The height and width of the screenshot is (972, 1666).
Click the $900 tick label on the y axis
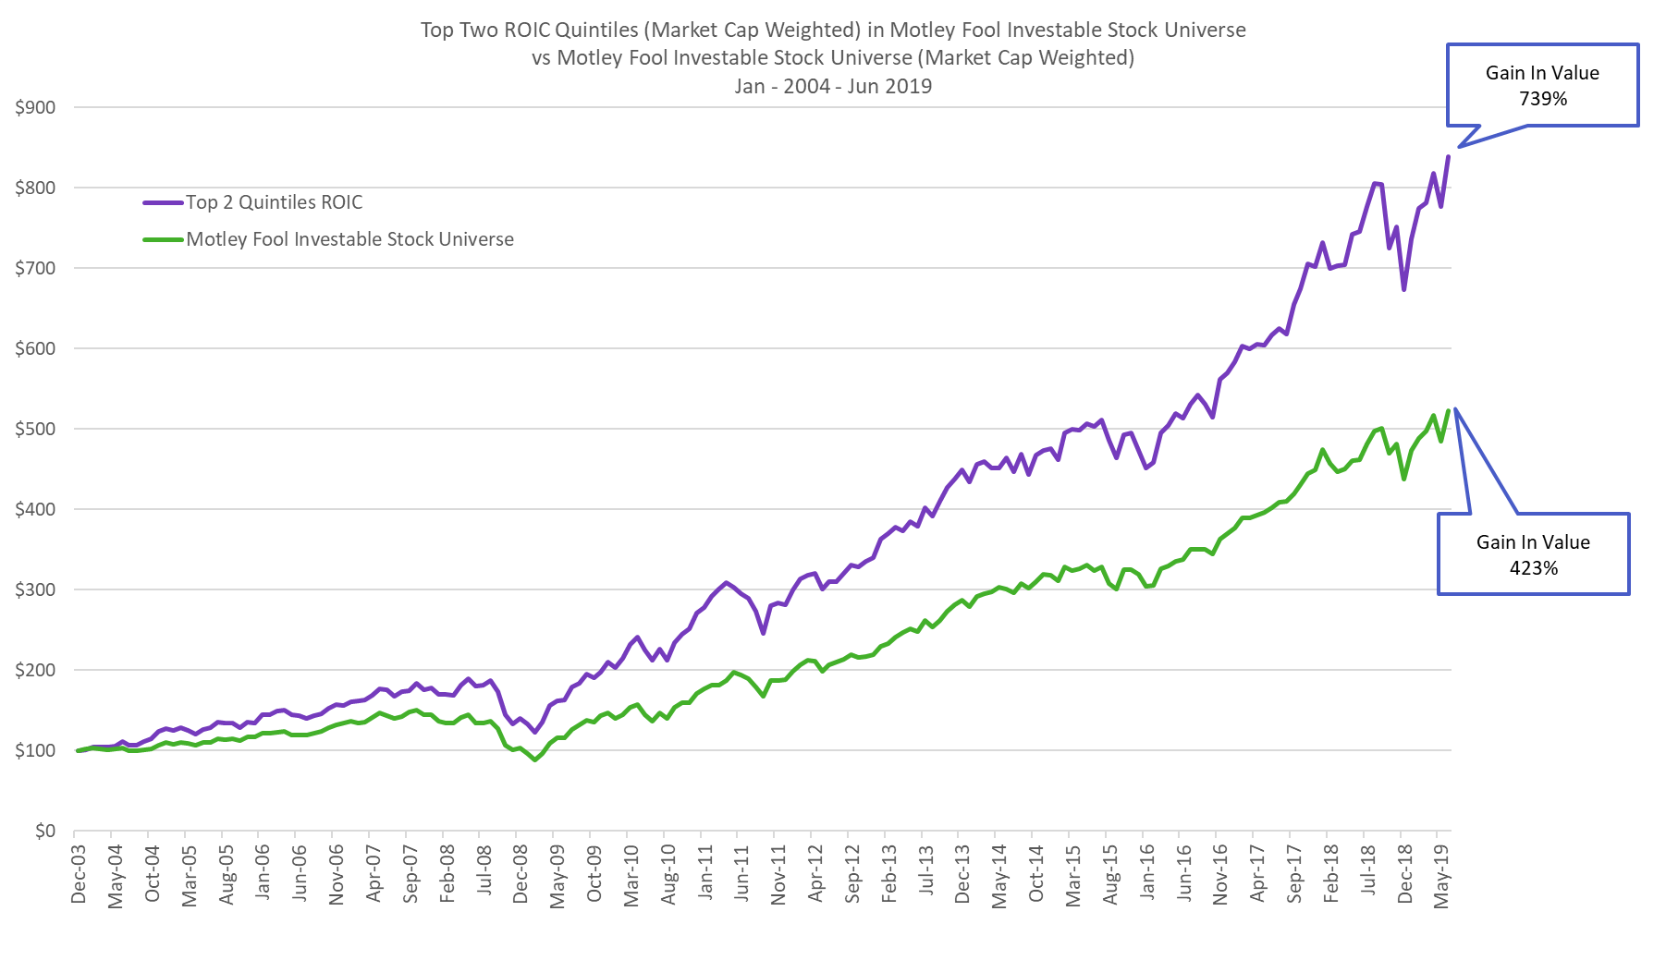(x=35, y=107)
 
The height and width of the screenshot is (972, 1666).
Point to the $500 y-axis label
(x=35, y=429)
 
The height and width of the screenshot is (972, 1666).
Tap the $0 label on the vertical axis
(x=45, y=831)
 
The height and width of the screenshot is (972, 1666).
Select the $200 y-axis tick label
(x=35, y=670)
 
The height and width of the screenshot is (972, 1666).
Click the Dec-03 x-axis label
(x=79, y=874)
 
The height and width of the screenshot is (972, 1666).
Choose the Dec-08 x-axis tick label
(x=521, y=874)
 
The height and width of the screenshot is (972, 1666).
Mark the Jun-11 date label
(x=741, y=874)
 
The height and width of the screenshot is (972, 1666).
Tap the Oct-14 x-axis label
(x=1036, y=874)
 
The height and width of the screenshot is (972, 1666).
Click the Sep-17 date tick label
(x=1294, y=874)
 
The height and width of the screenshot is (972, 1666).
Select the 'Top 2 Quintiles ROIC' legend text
(x=275, y=202)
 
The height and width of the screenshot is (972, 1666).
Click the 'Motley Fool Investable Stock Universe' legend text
(x=350, y=239)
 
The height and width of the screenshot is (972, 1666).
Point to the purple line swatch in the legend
(x=163, y=202)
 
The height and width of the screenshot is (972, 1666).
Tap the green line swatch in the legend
(x=163, y=239)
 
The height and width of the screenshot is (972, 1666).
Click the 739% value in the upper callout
(x=1543, y=99)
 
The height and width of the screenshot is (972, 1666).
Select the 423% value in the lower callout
(x=1534, y=568)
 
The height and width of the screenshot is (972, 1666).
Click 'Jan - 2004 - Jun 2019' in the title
(x=833, y=86)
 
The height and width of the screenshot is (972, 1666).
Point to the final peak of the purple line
(x=1449, y=156)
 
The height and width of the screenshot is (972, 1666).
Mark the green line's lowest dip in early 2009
(x=535, y=759)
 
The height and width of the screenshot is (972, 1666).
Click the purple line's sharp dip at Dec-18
(x=1403, y=289)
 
